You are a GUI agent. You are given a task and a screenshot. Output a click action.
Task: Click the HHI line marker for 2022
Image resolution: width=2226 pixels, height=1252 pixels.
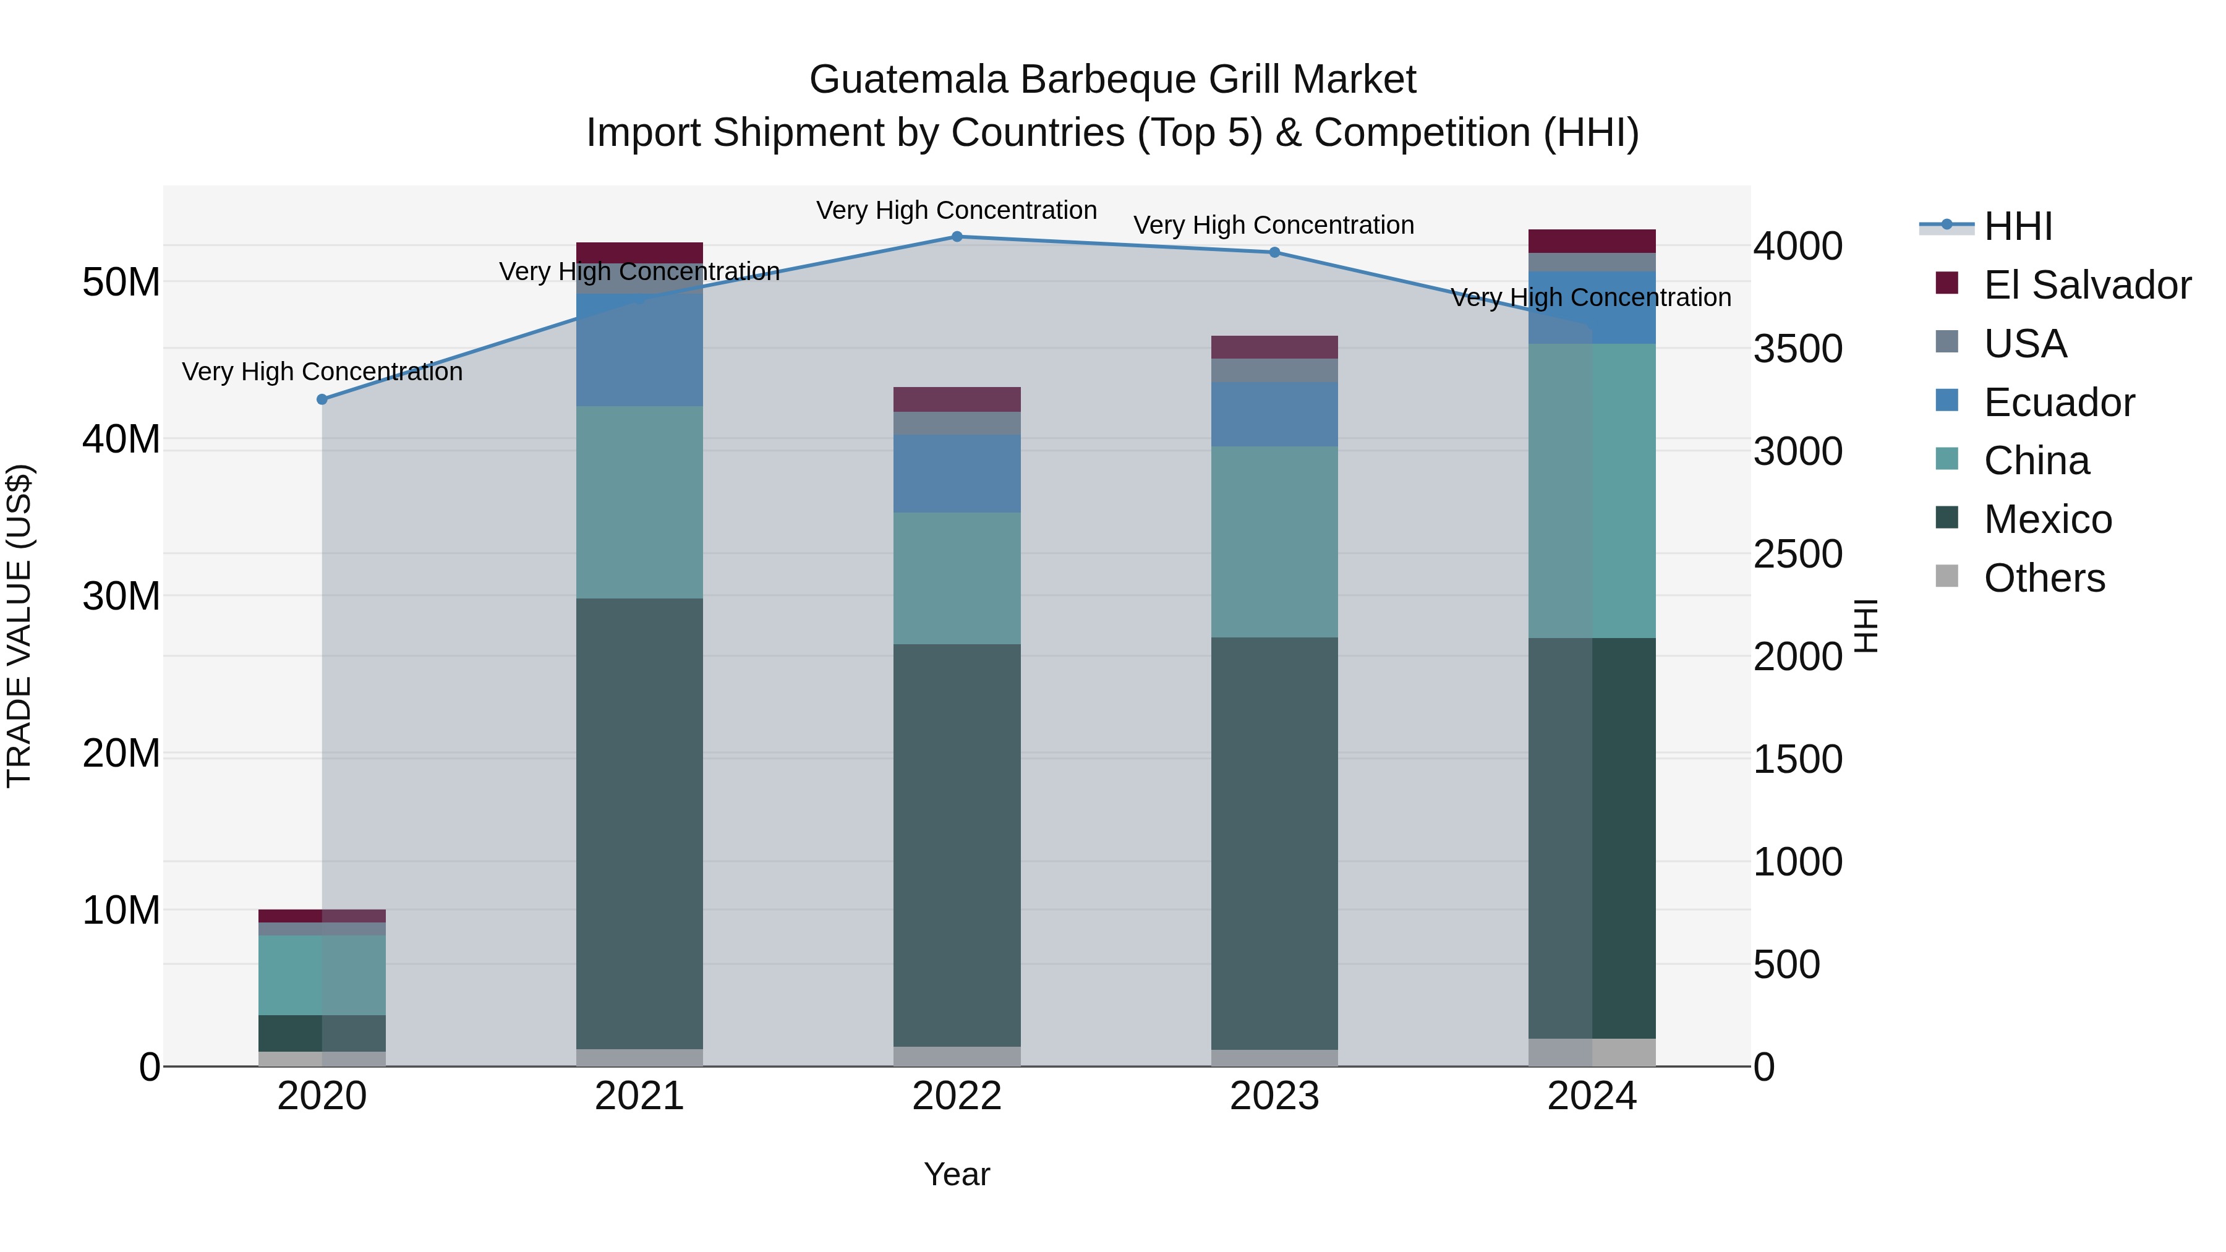click(x=957, y=236)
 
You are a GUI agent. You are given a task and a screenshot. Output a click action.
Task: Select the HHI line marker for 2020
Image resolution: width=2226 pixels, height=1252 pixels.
click(x=322, y=399)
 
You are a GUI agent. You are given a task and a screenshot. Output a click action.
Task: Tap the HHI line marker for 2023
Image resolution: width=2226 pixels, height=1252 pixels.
click(x=1274, y=252)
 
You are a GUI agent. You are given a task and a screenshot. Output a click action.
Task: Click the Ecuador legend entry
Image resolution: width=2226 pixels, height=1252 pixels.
click(x=2058, y=402)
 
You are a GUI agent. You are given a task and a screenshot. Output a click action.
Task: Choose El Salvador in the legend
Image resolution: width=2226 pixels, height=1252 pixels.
click(x=2087, y=285)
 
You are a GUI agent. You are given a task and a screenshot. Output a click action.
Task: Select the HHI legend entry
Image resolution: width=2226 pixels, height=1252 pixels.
click(x=2018, y=226)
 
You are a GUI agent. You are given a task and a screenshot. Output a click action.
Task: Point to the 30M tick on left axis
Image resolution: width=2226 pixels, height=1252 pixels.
click(x=121, y=596)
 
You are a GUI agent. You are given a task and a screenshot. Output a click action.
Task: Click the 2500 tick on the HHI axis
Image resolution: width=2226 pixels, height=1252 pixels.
click(x=1797, y=554)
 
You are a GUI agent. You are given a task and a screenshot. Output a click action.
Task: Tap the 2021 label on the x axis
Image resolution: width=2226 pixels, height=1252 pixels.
click(x=639, y=1096)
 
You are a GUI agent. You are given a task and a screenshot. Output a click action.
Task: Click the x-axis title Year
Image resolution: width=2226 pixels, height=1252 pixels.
click(x=957, y=1174)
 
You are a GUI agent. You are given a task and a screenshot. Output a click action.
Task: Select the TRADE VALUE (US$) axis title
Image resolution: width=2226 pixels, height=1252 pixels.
click(x=20, y=626)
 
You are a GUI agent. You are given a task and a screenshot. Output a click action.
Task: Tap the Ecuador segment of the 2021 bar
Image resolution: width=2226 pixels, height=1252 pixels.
click(x=639, y=349)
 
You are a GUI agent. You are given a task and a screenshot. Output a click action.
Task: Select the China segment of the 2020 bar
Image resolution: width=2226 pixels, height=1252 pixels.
click(x=322, y=974)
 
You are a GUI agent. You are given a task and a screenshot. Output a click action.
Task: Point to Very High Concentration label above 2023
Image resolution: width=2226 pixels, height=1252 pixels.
click(x=1274, y=226)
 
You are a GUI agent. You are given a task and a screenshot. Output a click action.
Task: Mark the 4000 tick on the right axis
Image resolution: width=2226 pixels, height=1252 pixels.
click(x=1797, y=246)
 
